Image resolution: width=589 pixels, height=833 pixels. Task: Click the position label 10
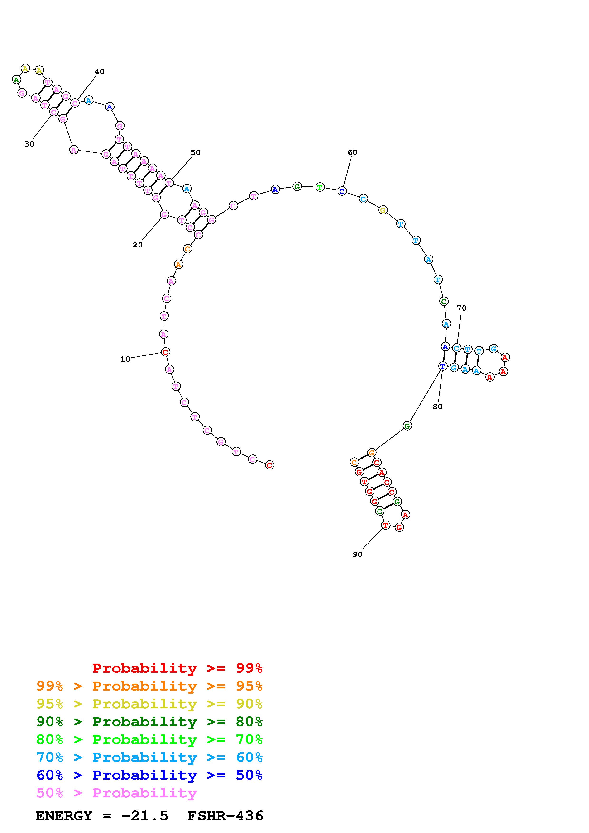pyautogui.click(x=125, y=359)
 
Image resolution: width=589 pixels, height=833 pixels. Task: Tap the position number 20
pyautogui.click(x=138, y=245)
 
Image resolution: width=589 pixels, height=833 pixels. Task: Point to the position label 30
pyautogui.click(x=29, y=144)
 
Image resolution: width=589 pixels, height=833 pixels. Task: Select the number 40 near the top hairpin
pyautogui.click(x=100, y=71)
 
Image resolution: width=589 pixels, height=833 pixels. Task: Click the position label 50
pyautogui.click(x=195, y=152)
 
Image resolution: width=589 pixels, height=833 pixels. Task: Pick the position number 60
pyautogui.click(x=352, y=152)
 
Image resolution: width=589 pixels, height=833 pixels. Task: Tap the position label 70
pyautogui.click(x=461, y=308)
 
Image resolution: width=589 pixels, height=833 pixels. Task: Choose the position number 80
pyautogui.click(x=437, y=407)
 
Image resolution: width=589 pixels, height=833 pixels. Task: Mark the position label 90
pyautogui.click(x=358, y=554)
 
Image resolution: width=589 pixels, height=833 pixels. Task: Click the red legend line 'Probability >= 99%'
pyautogui.click(x=177, y=668)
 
